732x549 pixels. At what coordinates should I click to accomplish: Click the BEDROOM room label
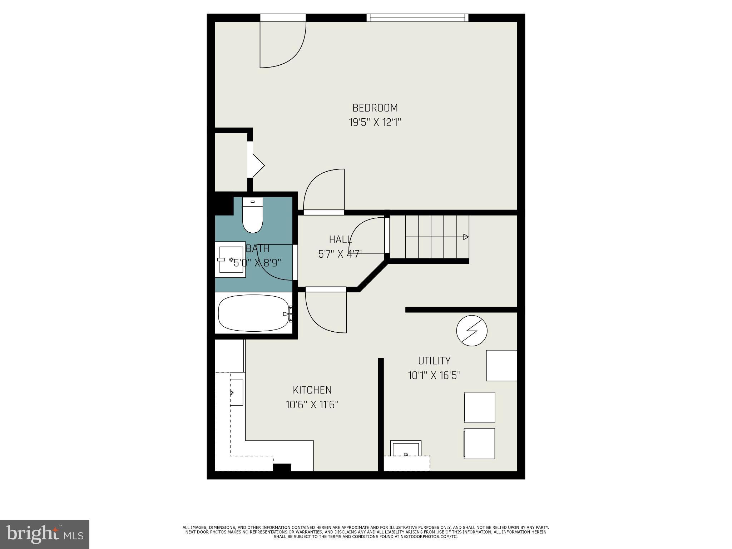coord(375,108)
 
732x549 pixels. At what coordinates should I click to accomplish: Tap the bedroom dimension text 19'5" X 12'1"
coord(375,123)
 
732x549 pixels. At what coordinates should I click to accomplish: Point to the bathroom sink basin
coord(230,259)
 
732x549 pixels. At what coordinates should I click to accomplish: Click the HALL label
coord(340,239)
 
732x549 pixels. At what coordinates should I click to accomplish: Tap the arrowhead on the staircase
coord(466,237)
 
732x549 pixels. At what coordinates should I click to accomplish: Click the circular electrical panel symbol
coord(472,331)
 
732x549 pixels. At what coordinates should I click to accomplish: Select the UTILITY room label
coord(434,360)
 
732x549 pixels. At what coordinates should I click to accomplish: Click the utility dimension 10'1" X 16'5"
coord(434,375)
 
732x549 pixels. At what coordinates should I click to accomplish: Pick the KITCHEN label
coord(312,390)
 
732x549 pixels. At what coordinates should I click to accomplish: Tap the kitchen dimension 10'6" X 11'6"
coord(312,405)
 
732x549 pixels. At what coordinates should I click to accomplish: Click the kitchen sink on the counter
coord(236,392)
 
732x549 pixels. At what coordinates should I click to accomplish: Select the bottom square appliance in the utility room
coord(479,444)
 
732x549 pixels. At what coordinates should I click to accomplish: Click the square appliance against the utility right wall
coord(501,365)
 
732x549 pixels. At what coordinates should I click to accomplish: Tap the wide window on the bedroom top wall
coord(417,18)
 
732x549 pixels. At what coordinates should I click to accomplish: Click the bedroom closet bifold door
coord(256,165)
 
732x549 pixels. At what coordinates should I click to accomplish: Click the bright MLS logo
coord(45,534)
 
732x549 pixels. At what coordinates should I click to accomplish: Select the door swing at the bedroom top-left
coord(282,45)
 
